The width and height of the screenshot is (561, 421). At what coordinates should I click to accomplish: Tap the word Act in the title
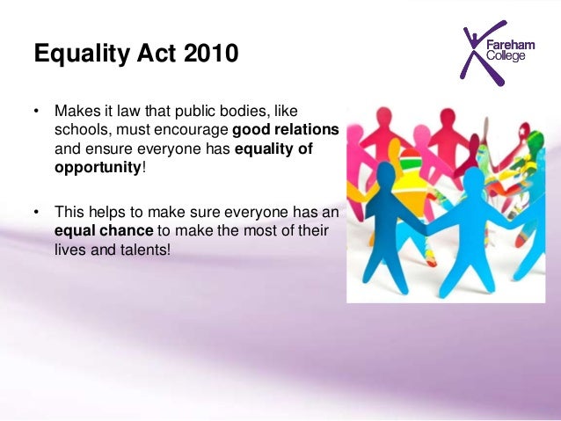pos(147,55)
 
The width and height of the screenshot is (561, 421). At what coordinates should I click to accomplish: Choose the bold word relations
pos(308,130)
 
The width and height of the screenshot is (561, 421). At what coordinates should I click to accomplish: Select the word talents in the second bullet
pos(145,249)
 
